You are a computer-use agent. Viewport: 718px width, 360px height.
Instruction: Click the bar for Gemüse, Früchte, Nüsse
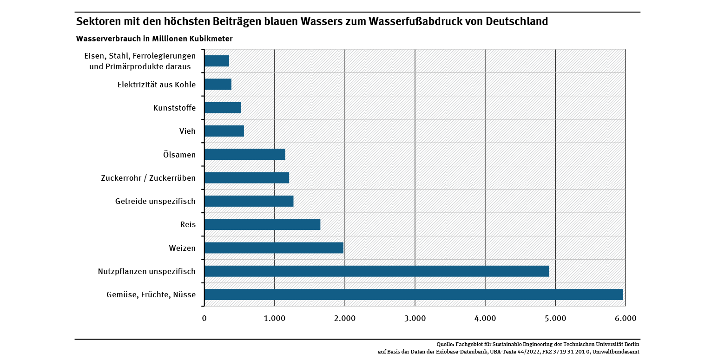[414, 295]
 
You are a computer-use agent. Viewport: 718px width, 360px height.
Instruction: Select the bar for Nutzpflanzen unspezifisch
[376, 271]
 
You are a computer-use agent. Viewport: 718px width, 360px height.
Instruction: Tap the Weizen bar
[274, 248]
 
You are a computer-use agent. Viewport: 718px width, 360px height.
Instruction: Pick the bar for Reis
[262, 224]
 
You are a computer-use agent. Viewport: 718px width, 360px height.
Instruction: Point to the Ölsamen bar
[244, 154]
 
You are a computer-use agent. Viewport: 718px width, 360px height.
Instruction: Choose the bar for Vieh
[224, 131]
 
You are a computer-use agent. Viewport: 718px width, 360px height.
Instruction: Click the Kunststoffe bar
[223, 108]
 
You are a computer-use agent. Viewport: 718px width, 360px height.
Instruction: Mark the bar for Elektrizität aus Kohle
[217, 84]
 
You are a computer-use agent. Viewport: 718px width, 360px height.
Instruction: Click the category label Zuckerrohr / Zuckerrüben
[148, 178]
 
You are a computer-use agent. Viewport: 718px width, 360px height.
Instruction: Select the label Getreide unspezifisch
[155, 201]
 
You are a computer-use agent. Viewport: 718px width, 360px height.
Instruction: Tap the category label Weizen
[182, 248]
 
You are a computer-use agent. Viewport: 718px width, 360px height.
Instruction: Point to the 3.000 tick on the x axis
[415, 318]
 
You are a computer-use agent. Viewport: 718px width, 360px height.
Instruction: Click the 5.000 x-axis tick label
[555, 318]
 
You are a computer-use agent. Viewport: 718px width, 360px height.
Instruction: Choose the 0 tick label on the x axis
[204, 318]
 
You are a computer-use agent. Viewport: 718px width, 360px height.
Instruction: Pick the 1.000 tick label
[274, 318]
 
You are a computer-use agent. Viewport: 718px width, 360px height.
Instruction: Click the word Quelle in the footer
[445, 345]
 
